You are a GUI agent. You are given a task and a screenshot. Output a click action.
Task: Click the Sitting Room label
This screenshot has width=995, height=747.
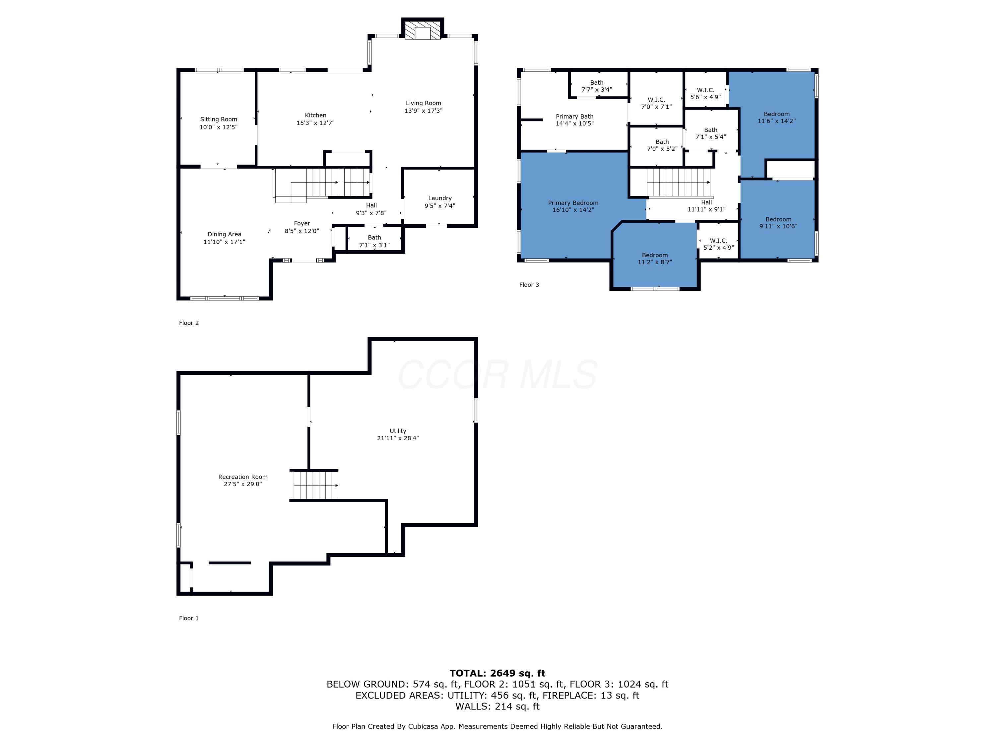coord(219,119)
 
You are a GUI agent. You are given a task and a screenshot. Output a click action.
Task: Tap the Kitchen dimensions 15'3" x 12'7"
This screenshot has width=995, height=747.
coord(315,123)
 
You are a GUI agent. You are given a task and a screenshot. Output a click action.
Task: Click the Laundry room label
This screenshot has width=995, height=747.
coord(439,198)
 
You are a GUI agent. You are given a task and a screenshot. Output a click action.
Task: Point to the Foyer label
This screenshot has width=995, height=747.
coord(302,223)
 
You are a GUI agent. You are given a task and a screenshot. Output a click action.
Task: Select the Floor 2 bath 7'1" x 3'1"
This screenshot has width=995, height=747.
coord(374,241)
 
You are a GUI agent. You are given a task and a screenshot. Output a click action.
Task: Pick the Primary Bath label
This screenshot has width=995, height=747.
coord(574,117)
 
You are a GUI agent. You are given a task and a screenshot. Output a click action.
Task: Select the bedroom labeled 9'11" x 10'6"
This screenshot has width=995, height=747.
coord(778,223)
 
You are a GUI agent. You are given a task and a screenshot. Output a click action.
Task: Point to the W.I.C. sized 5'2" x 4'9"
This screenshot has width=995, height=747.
coord(718,244)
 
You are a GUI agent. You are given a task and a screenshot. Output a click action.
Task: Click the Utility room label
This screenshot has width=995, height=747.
coord(398,431)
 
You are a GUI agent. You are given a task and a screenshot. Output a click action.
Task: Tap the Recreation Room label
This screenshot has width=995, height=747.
coord(243,477)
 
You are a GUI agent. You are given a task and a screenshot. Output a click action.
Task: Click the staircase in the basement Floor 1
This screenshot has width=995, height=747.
coord(315,485)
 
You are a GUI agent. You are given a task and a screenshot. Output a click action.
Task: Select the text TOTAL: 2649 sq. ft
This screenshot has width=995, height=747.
coord(497,673)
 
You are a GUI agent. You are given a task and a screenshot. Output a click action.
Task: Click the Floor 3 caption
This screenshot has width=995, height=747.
coord(529,285)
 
